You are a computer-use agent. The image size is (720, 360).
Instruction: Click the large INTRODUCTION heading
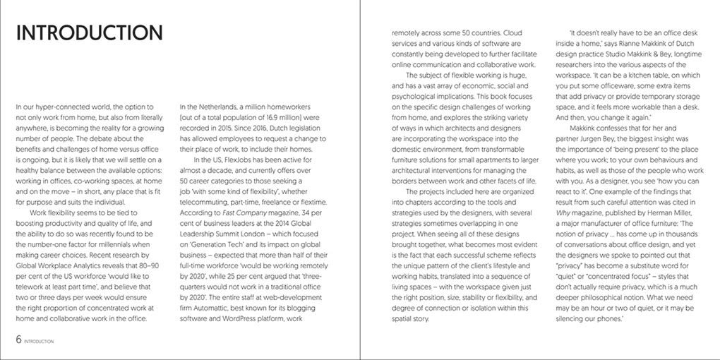[89, 32]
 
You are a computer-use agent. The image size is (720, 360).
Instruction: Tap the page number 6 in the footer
[18, 339]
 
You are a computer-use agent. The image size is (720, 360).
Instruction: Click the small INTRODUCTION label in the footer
[40, 340]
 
